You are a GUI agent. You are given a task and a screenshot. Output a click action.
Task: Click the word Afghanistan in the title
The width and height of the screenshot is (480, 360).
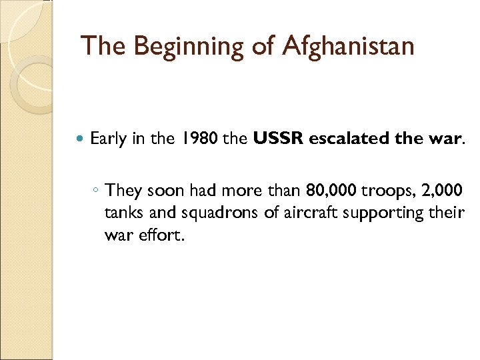(349, 46)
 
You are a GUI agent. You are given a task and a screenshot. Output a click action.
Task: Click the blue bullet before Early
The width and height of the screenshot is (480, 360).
(81, 139)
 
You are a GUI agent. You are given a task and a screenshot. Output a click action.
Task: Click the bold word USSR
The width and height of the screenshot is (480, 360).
(277, 139)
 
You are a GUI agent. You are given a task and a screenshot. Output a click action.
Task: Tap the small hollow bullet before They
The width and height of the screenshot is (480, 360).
(97, 191)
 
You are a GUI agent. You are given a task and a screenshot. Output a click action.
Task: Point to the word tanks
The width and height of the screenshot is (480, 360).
(121, 213)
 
